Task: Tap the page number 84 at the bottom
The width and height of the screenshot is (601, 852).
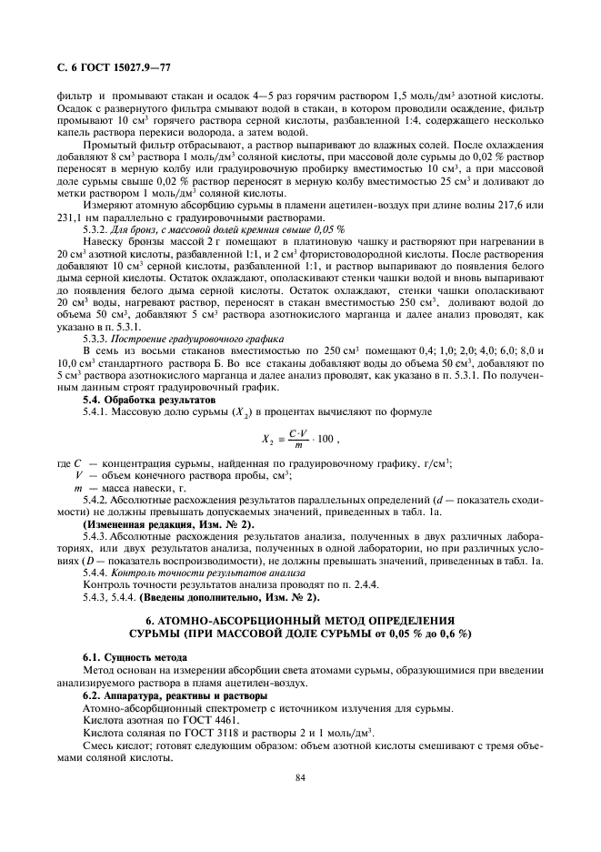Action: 299,777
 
